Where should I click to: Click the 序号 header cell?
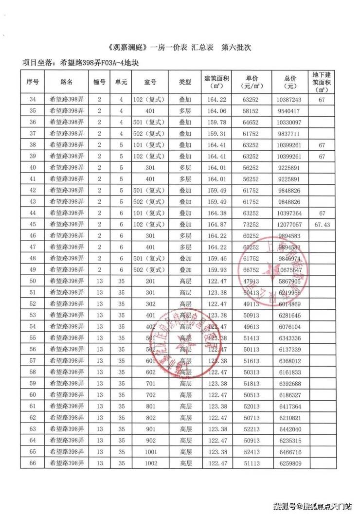(x=33, y=82)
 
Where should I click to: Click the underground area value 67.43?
(x=321, y=225)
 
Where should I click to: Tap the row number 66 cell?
(x=33, y=463)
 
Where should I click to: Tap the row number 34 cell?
(x=33, y=99)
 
